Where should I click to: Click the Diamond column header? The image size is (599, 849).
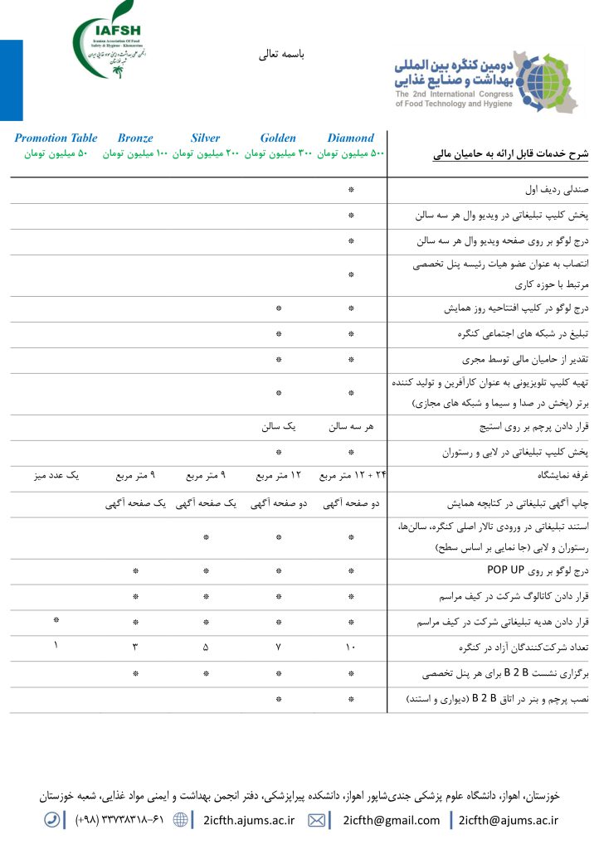[350, 138]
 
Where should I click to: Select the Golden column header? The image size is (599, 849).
[278, 138]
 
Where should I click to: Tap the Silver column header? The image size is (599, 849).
[206, 138]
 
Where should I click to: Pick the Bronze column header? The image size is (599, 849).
[135, 138]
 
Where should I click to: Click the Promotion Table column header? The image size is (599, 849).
[56, 138]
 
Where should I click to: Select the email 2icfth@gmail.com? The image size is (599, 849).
[392, 820]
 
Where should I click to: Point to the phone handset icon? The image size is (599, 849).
[52, 820]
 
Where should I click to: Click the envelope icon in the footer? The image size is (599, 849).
[316, 820]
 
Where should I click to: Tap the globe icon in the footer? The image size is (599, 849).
[181, 820]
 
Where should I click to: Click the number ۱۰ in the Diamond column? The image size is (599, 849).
[350, 647]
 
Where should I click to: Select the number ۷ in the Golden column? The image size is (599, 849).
[279, 647]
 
